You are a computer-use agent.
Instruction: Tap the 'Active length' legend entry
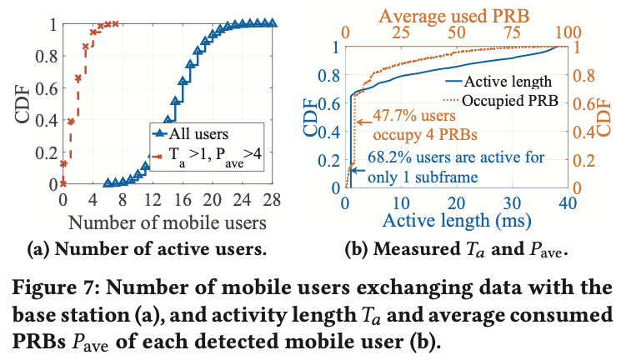(x=498, y=82)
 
